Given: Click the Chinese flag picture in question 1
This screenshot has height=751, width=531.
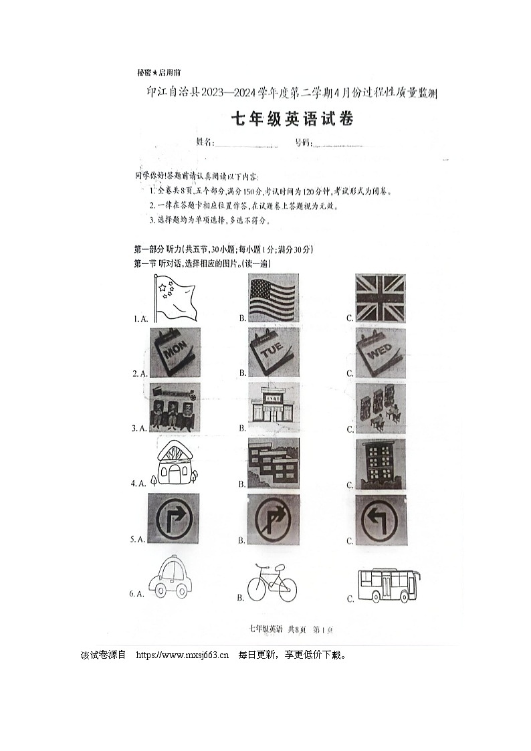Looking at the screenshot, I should pos(171,299).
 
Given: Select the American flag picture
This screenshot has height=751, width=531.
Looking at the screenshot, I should pos(272,299).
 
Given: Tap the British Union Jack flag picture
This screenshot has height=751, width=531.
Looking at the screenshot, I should pos(380,299).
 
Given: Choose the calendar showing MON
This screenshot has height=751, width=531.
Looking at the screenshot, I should pos(174,352).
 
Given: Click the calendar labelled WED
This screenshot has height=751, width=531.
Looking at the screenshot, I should pos(380,352).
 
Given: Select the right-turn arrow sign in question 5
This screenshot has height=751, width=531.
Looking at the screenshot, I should pos(174,519).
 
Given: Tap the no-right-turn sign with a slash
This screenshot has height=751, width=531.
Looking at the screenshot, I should pos(274,519).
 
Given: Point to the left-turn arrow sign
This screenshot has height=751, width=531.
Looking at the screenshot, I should pos(380,519).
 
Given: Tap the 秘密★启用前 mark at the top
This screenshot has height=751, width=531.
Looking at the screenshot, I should pos(158,73).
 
